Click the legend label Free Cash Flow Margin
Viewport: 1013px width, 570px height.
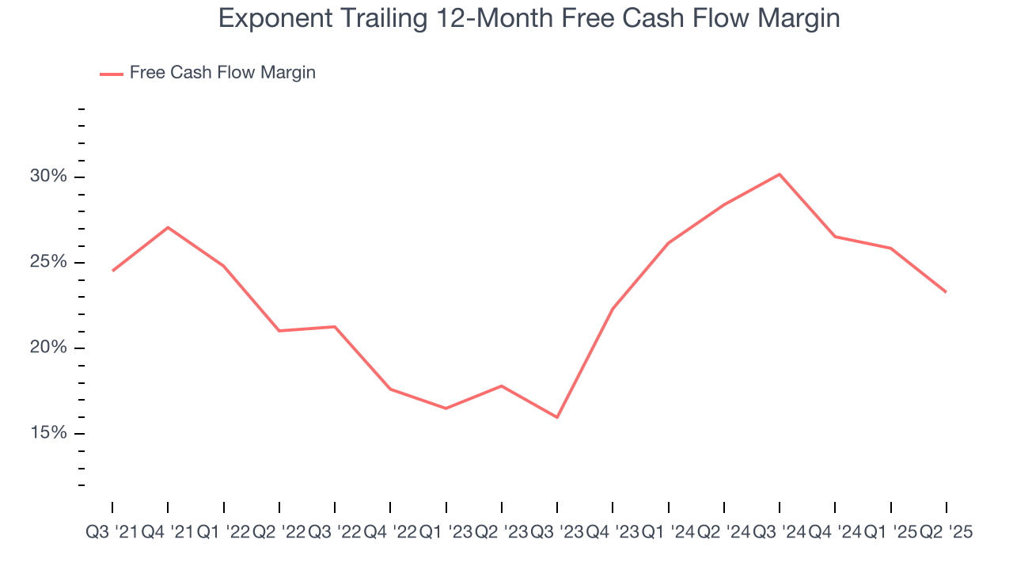[222, 73]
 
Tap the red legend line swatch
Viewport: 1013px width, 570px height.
[111, 74]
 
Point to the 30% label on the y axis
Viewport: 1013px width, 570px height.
[49, 177]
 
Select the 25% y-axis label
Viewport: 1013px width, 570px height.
[49, 262]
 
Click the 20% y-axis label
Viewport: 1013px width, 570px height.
[49, 348]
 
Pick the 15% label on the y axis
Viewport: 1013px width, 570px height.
[49, 433]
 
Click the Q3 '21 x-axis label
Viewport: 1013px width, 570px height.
[112, 533]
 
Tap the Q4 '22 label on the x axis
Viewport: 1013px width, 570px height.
[390, 533]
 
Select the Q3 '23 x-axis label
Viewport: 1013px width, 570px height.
[557, 533]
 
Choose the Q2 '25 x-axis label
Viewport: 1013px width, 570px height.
[946, 533]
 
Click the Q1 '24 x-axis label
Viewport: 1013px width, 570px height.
[669, 533]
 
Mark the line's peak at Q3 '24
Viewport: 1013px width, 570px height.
[780, 174]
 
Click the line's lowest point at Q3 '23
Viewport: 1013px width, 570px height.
[557, 417]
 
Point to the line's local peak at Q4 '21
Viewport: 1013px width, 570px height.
[168, 227]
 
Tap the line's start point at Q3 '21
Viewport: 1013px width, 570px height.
[112, 271]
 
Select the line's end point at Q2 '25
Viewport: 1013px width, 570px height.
[947, 292]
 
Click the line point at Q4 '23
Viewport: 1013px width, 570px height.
[613, 308]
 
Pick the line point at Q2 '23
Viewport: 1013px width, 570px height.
[502, 386]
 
